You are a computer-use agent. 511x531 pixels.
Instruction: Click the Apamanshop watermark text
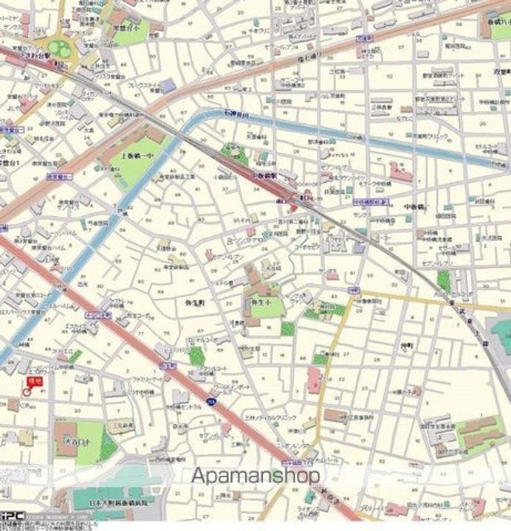(x=255, y=476)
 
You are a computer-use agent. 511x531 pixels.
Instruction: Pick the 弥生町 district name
(x=195, y=302)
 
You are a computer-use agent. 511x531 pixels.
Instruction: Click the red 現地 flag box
(x=32, y=381)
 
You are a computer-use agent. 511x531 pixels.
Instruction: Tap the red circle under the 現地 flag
(x=28, y=392)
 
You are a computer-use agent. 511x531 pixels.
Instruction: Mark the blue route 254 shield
(x=210, y=401)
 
